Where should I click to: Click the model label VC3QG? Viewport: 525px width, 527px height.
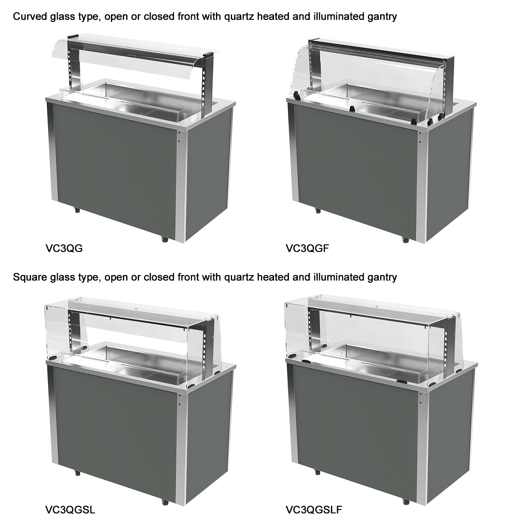coord(64,248)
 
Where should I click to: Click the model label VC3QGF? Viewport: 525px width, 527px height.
coord(307,248)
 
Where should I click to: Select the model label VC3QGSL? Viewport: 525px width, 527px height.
coord(70,510)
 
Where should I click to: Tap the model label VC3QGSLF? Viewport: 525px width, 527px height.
coord(314,510)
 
